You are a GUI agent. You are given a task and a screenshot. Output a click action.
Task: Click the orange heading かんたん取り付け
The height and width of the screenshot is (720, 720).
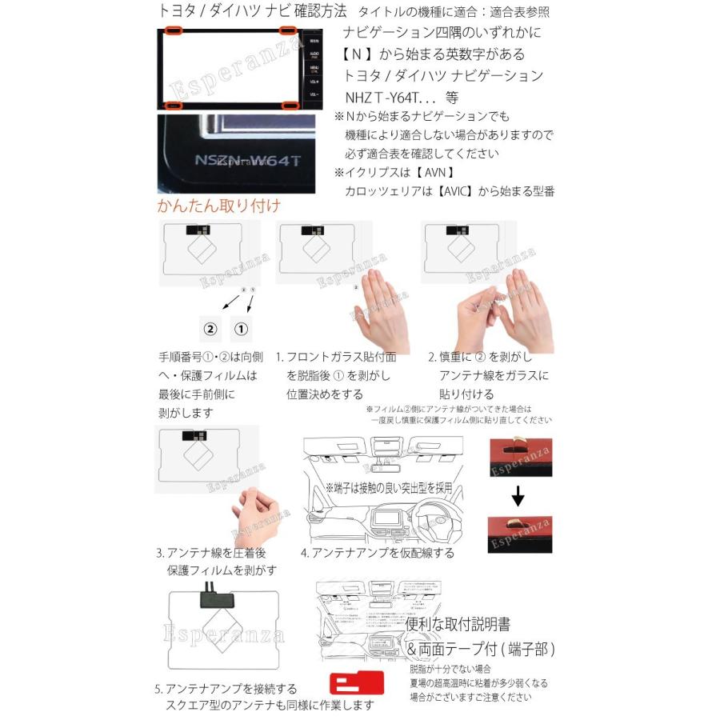pos(218,206)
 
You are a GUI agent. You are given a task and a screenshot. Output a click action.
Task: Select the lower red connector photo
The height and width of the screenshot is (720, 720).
pos(518,534)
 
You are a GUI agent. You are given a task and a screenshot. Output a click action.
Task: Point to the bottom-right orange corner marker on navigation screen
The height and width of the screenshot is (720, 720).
pos(288,105)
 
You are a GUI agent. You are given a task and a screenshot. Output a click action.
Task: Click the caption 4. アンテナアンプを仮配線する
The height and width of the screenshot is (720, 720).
pos(377,553)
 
